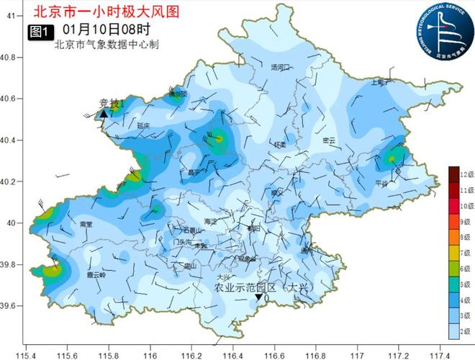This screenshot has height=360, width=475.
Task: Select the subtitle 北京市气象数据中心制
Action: (x=106, y=45)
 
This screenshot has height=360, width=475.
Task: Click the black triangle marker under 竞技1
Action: (x=104, y=114)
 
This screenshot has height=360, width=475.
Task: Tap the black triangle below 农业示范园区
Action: (x=258, y=297)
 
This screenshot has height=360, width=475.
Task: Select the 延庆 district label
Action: (x=142, y=125)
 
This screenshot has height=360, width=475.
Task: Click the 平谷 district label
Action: (x=381, y=184)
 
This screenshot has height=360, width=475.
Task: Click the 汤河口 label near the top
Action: (x=280, y=67)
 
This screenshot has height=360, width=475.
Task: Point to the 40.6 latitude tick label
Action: (x=11, y=99)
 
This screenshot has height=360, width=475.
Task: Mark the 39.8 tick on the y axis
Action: (x=11, y=266)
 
